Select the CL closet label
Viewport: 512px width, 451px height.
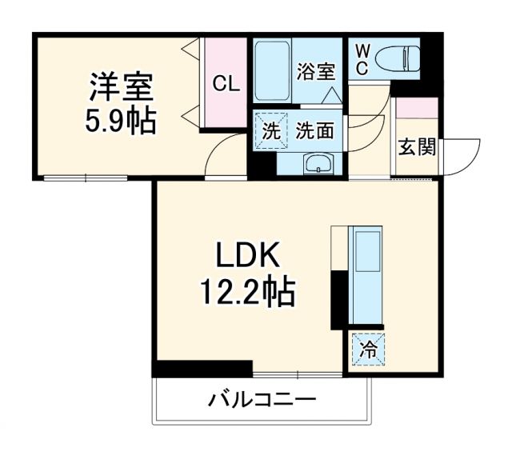[x=225, y=82]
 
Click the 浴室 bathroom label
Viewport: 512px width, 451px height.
[x=314, y=71]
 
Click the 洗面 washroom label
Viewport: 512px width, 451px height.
[x=314, y=131]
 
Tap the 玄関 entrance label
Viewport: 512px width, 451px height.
[x=417, y=147]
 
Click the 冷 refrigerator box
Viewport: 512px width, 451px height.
[x=366, y=349]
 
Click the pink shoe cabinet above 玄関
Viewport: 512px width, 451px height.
[x=417, y=109]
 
